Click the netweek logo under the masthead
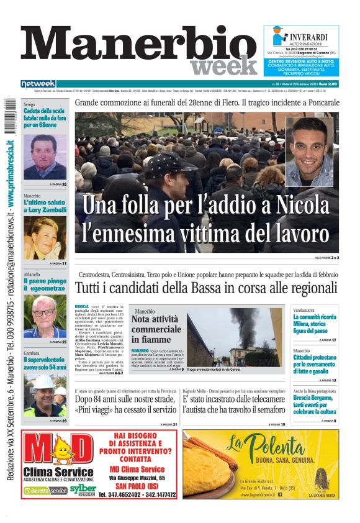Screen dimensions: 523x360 (x=38, y=84)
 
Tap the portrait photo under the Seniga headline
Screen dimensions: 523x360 (x=45, y=156)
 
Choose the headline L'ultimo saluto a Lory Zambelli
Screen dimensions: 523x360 (x=45, y=206)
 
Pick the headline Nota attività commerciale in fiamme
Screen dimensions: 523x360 (x=156, y=329)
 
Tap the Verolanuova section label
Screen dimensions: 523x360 (x=307, y=309)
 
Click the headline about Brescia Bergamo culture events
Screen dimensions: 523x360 (x=315, y=404)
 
